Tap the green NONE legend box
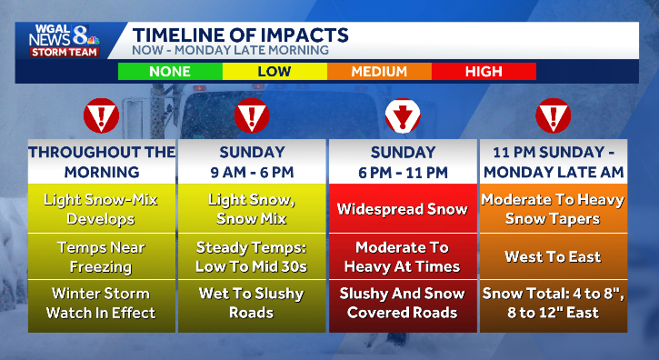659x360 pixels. tap(170, 71)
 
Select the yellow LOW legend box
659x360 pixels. tap(275, 71)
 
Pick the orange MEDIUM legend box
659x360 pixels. tap(379, 71)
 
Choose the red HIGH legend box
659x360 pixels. tap(484, 71)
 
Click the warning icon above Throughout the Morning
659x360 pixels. tap(101, 116)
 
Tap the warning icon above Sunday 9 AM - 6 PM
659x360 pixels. tap(252, 116)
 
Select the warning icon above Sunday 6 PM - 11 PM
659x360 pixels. tap(402, 116)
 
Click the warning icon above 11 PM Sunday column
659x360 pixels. tap(552, 116)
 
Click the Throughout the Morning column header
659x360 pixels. tap(101, 162)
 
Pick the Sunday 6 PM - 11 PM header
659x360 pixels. tap(402, 162)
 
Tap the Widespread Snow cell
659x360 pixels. tap(402, 209)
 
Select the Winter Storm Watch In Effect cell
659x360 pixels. tap(101, 304)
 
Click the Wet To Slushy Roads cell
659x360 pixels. tap(252, 304)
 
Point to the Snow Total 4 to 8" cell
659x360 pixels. tap(552, 304)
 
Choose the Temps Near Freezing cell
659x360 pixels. tap(101, 256)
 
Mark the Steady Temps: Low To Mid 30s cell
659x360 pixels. tap(252, 256)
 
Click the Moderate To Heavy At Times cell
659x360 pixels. tap(402, 256)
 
